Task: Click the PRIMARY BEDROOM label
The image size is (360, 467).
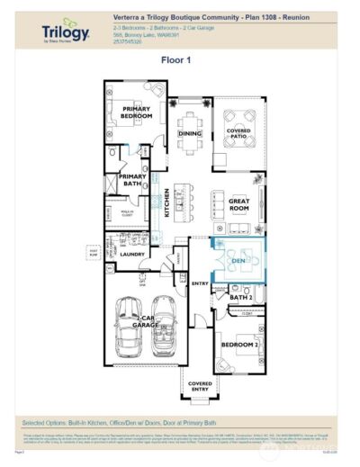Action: click(x=138, y=112)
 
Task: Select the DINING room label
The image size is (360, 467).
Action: click(x=189, y=133)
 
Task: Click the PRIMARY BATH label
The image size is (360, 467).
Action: click(x=132, y=177)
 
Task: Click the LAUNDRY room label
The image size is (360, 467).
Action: click(x=132, y=255)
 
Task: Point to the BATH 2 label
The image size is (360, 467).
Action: click(x=238, y=296)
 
